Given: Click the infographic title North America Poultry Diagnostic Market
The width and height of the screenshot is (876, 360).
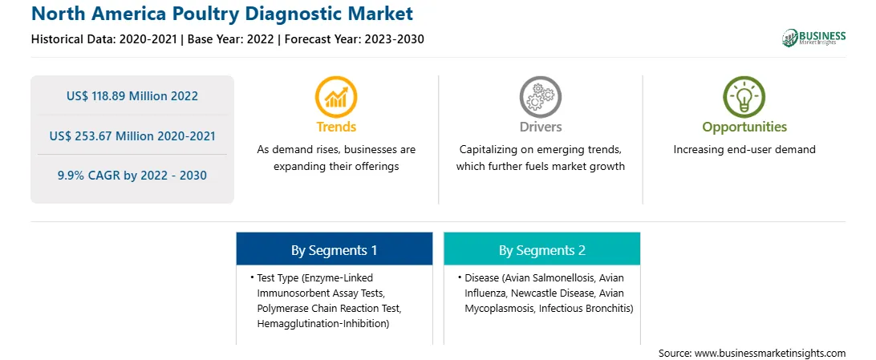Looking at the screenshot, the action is pos(222,14).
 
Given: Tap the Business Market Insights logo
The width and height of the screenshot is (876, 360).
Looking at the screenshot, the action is pos(813,38).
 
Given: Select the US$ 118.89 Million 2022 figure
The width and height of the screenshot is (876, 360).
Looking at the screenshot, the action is pos(132,96).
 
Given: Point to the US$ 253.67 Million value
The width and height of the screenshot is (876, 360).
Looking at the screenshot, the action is pos(108,136).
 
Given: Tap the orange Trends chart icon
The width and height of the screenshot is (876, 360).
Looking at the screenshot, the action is pos(336,96).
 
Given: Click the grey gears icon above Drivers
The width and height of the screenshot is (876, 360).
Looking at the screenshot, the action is pos(540,96).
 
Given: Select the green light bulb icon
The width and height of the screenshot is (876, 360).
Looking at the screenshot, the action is pos(744,96).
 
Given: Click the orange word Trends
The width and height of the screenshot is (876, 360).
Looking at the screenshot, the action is pos(336,127).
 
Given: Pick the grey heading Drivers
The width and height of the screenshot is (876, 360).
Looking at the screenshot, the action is pos(540,127).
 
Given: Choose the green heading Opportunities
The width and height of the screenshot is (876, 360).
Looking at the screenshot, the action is pos(744,127).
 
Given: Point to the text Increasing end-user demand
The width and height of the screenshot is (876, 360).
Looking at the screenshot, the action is pos(744,150).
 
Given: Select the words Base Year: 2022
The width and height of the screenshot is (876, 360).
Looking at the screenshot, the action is pos(230,39).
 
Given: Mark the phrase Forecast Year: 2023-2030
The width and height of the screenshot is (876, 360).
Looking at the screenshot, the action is pos(351,39).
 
